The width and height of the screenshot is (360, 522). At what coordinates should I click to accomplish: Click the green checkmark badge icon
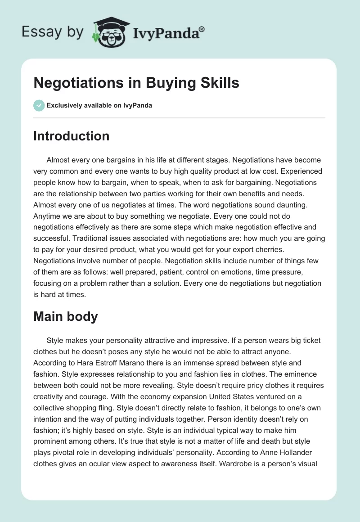click(39, 105)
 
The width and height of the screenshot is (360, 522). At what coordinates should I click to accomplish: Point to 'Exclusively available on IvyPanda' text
click(99, 106)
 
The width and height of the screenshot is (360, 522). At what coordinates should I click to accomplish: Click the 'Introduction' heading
click(71, 136)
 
